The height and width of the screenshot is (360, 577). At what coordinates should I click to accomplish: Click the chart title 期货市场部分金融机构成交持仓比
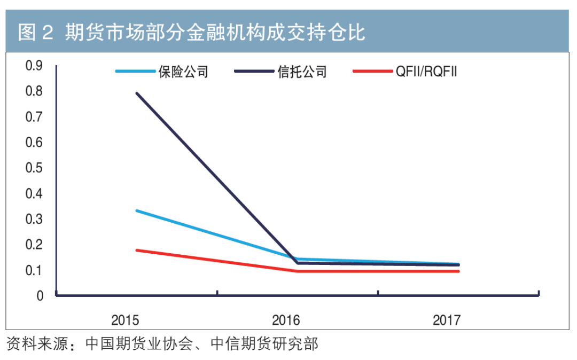pyautogui.click(x=215, y=33)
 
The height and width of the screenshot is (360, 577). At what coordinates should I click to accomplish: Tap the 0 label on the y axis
pyautogui.click(x=40, y=296)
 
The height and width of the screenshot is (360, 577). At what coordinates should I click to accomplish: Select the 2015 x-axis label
pyautogui.click(x=125, y=320)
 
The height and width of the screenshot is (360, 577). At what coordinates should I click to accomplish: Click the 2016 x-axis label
pyautogui.click(x=286, y=320)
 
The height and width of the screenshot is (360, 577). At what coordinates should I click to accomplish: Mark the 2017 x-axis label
pyautogui.click(x=447, y=320)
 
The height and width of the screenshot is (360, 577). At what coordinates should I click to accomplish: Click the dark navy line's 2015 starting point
pyautogui.click(x=137, y=93)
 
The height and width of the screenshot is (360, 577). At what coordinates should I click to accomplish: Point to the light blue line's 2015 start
pyautogui.click(x=137, y=210)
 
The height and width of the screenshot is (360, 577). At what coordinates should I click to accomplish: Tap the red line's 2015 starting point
pyautogui.click(x=137, y=250)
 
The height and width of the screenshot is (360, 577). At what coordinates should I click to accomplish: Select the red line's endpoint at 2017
pyautogui.click(x=458, y=271)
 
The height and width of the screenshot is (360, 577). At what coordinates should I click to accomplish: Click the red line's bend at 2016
pyautogui.click(x=298, y=271)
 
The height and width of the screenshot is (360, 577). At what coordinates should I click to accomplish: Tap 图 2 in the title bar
pyautogui.click(x=36, y=33)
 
